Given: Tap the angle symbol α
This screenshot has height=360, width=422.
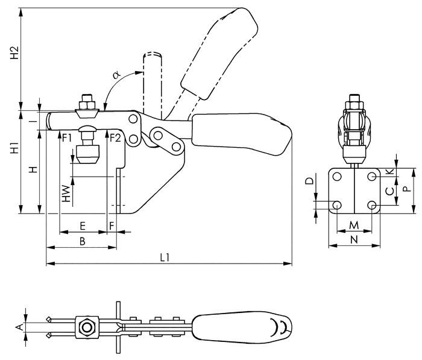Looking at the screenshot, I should [117, 75].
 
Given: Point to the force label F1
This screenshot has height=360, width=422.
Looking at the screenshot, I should [67, 137].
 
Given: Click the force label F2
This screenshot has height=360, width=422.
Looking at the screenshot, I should [116, 137].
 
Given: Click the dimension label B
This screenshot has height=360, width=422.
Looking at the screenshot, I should [82, 241].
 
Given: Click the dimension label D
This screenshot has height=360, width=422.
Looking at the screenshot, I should [309, 181].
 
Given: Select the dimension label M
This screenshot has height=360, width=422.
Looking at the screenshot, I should [354, 225].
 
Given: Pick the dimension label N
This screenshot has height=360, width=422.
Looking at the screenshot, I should [354, 239].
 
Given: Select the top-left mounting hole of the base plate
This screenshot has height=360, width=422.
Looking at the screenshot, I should [337, 176].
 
